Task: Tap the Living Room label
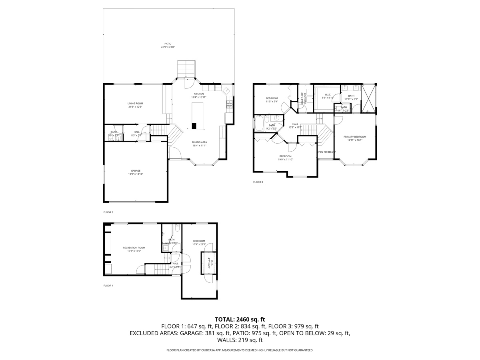(135, 104)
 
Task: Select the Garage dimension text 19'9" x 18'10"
(135, 174)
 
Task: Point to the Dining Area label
(199, 142)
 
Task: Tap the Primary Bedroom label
(355, 137)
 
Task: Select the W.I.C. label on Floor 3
(328, 94)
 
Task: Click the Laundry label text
(305, 98)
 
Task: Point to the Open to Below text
(326, 152)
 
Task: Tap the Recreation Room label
(134, 248)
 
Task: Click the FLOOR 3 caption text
(258, 182)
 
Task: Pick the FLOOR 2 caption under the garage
(108, 212)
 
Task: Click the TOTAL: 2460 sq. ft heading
(240, 319)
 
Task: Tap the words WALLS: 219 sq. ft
(240, 340)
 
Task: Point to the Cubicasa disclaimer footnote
(240, 350)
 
